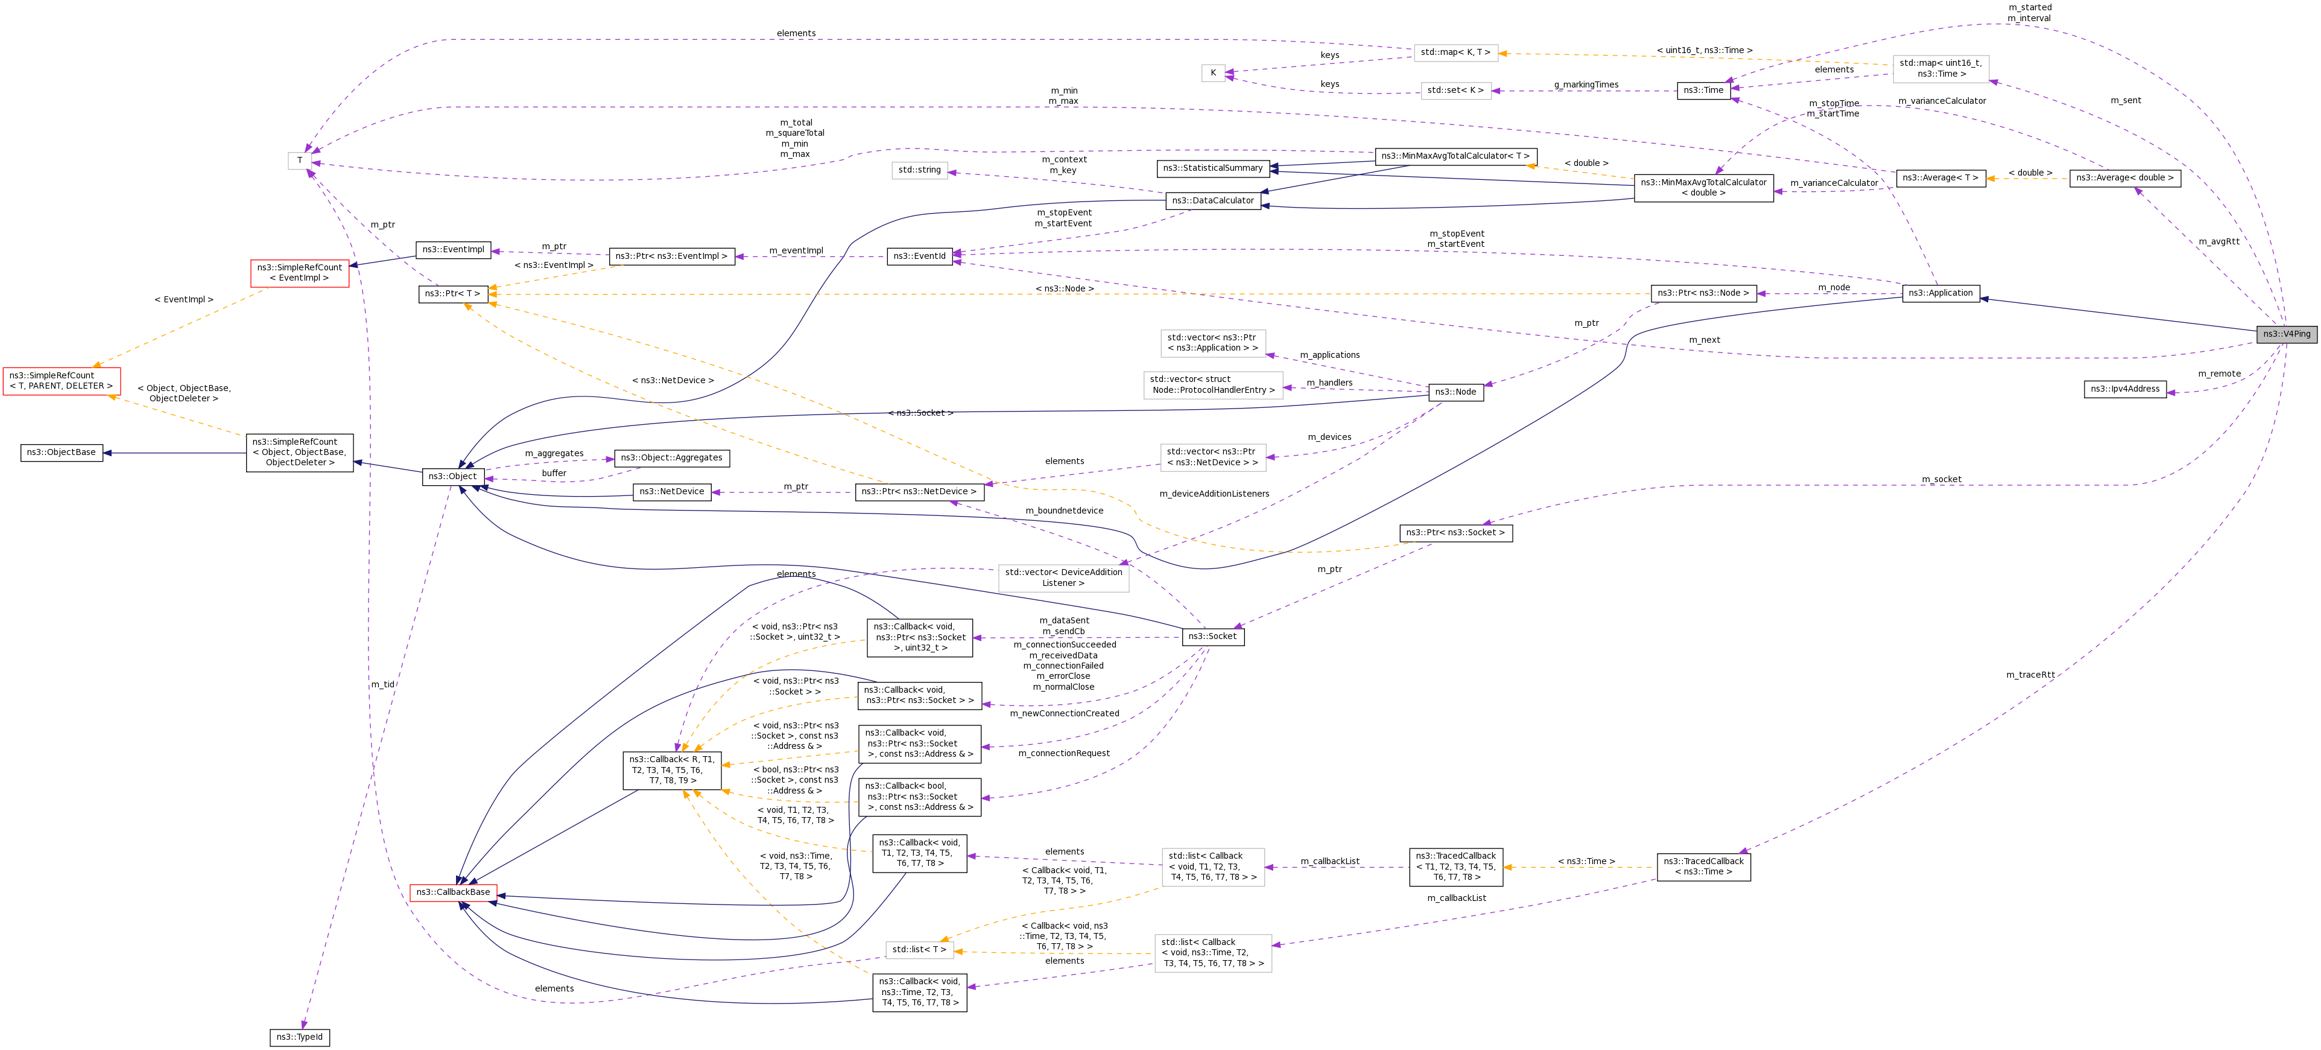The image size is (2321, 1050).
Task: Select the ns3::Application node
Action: click(1940, 293)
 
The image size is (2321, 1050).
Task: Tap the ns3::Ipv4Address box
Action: click(2124, 389)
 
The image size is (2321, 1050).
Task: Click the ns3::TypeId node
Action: click(299, 1037)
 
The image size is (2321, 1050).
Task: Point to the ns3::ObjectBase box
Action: click(62, 453)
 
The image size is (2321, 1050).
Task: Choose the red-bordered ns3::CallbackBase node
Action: click(453, 892)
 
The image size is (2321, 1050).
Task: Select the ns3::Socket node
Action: click(1212, 636)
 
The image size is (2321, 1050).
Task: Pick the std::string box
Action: click(919, 170)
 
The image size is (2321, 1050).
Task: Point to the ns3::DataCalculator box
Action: click(1212, 201)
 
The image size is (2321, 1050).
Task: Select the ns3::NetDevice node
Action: click(671, 492)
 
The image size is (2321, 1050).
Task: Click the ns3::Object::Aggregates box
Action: click(671, 458)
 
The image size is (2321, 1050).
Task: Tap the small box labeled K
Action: click(1213, 73)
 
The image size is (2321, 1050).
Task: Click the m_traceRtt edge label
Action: click(2030, 675)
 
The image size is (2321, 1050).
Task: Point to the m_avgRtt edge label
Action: click(2218, 241)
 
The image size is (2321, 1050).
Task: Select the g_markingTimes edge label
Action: click(1586, 84)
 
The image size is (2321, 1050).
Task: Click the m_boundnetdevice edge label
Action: click(1063, 511)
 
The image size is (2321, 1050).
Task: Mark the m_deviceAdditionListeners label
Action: click(1214, 494)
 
